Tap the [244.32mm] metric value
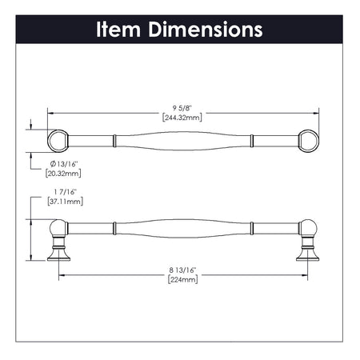(x=182, y=117)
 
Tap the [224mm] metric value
(x=182, y=282)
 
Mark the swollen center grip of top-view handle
(x=182, y=141)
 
